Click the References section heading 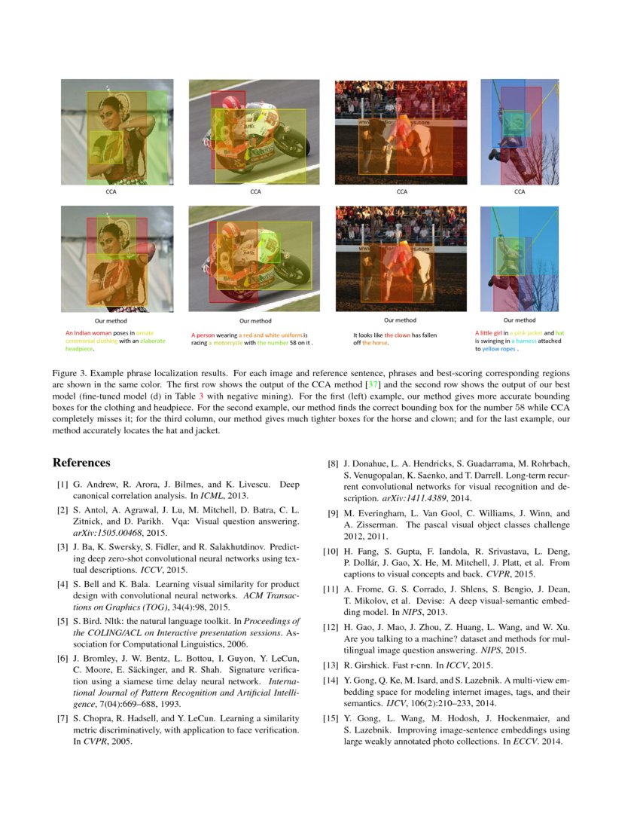81,463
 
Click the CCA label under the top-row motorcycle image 256,191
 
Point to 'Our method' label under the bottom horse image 401,320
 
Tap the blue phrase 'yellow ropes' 499,349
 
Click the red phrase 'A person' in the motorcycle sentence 203,335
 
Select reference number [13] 330,665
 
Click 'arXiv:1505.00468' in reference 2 103,532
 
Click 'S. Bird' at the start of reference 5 87,622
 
